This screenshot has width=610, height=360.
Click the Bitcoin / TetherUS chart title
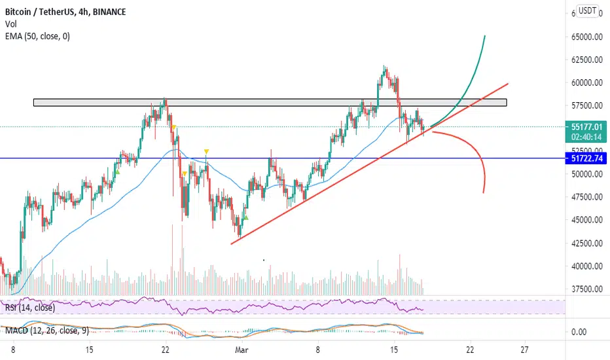tap(65, 12)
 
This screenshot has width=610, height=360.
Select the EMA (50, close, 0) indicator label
tap(37, 36)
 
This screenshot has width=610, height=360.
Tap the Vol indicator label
tap(11, 24)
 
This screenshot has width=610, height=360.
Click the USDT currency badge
tap(587, 11)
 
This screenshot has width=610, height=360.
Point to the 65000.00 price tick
tap(587, 37)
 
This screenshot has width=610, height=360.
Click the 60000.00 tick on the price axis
tap(587, 82)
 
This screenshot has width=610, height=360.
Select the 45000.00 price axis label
tap(587, 220)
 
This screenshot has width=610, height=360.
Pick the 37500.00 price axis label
tap(587, 289)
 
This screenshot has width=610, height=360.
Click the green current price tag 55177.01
tap(586, 132)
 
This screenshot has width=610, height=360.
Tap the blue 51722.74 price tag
tap(586, 158)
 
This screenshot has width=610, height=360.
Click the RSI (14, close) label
tap(30, 308)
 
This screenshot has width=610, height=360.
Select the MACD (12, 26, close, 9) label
tap(47, 331)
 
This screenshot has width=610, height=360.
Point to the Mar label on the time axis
tap(242, 350)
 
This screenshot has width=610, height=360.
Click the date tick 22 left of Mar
tap(166, 350)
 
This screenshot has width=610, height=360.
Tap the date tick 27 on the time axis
tap(524, 350)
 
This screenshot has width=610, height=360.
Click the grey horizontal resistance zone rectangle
tap(270, 103)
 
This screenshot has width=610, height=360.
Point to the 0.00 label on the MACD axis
tap(579, 332)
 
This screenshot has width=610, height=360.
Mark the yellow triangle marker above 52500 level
tap(207, 151)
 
